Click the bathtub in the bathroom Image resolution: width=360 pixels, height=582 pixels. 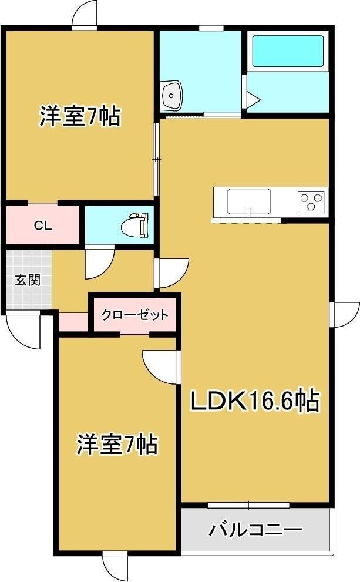coord(287,52)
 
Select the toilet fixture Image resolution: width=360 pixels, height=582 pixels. coord(134,224)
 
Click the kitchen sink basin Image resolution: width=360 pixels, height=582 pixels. coord(249,201)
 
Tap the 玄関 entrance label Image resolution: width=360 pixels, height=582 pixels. coord(27,280)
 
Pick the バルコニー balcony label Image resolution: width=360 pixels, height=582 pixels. coord(255,530)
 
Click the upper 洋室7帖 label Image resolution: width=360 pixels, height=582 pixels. coord(80,116)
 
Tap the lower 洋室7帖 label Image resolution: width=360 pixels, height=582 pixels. coord(117,445)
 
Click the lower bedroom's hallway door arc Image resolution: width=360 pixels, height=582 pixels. coord(160,367)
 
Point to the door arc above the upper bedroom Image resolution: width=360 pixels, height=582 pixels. coord(84,14)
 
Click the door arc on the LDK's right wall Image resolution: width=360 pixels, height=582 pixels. coord(345,314)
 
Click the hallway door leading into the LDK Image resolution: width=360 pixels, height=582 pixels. coord(171,273)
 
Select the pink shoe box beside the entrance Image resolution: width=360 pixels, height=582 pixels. coord(73,322)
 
